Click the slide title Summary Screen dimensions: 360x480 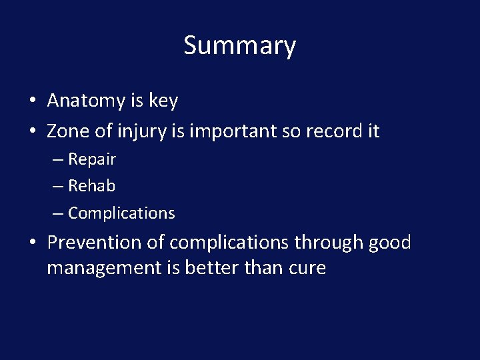coord(239,45)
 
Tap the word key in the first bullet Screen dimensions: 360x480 coord(163,101)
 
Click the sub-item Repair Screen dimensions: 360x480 coord(92,160)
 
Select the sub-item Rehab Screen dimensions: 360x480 coord(91,186)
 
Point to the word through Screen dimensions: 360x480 coord(327,243)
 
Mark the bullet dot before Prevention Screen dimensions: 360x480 coord(32,243)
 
